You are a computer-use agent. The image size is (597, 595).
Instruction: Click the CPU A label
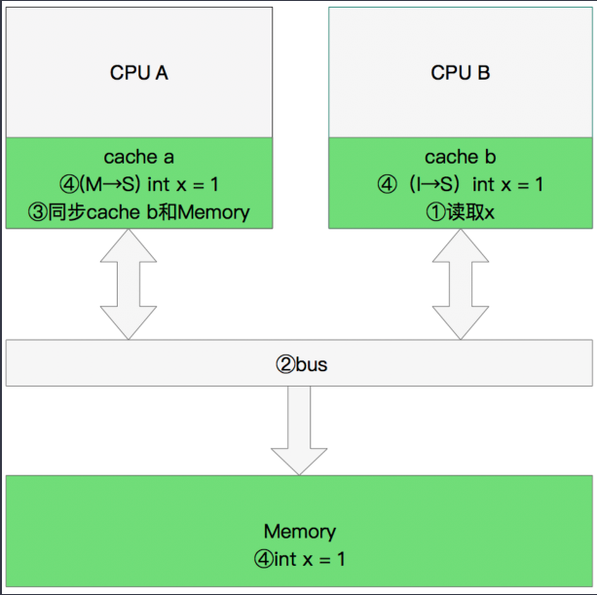139,73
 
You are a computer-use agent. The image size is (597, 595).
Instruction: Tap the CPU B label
460,73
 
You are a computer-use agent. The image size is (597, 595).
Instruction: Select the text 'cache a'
139,157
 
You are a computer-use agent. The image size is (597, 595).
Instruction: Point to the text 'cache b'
460,157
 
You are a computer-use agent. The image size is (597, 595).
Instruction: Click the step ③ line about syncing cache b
139,211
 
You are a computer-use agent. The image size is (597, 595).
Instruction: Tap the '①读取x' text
460,211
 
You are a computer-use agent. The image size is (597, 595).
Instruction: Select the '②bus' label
299,365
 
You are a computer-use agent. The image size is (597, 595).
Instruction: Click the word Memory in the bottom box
299,532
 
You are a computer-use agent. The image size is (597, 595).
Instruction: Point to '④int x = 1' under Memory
299,559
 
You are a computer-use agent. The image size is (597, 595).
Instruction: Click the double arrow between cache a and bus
128,284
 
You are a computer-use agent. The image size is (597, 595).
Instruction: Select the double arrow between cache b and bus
460,284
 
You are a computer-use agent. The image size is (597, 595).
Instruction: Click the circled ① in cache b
434,211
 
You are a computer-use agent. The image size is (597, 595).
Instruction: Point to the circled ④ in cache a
68,184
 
